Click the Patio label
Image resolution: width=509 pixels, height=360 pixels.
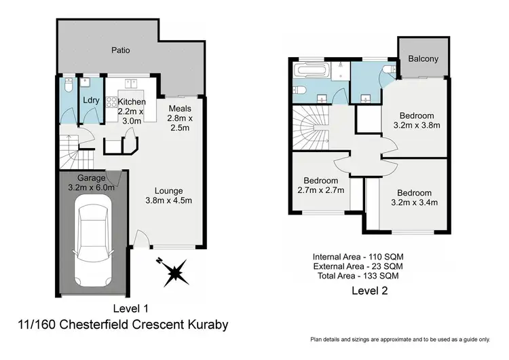click(x=120, y=50)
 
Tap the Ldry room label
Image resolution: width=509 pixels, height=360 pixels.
click(x=91, y=101)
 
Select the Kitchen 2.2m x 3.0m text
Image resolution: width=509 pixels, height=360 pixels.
click(x=131, y=111)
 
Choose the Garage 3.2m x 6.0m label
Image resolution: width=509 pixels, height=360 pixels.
click(x=90, y=182)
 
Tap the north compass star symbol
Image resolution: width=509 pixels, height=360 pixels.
click(x=175, y=273)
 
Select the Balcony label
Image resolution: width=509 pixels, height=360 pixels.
click(x=423, y=58)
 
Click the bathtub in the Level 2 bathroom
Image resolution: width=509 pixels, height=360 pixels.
click(x=312, y=72)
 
